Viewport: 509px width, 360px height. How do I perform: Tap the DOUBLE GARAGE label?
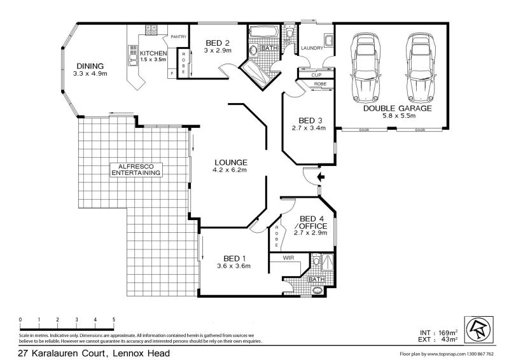click(x=398, y=108)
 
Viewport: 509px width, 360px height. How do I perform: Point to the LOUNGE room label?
click(x=230, y=162)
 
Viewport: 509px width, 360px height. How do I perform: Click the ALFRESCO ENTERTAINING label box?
click(x=136, y=169)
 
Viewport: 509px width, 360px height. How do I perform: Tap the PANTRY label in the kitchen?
click(x=178, y=36)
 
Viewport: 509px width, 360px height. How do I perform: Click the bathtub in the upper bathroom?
click(x=262, y=31)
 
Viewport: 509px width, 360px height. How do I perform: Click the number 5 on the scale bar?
click(x=114, y=319)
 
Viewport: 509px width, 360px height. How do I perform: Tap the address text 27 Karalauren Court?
click(x=94, y=352)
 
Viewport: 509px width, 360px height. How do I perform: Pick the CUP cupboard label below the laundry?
click(x=316, y=74)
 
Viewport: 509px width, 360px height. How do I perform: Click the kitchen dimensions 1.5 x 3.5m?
click(x=153, y=60)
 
